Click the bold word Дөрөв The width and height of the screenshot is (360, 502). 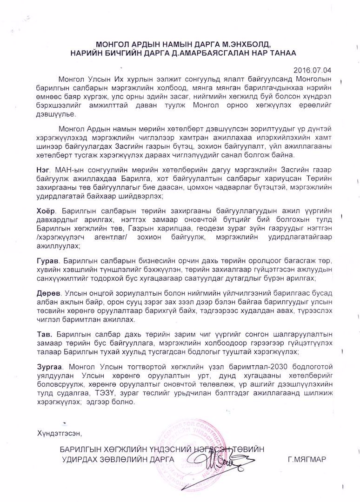click(48, 293)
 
